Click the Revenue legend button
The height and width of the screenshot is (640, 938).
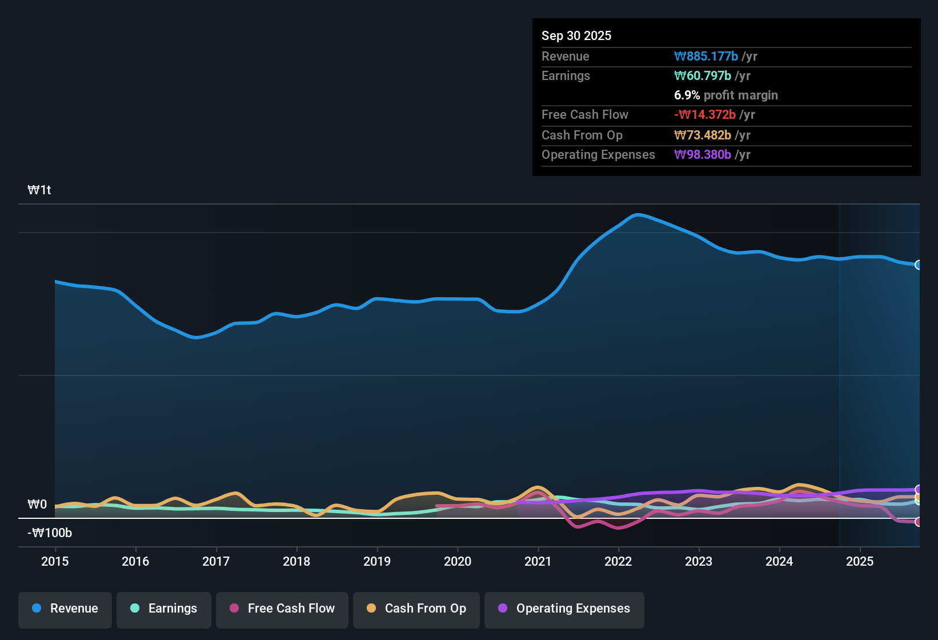[65, 609]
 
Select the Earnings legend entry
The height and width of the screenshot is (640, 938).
[164, 609]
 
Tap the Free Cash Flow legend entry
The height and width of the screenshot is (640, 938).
[282, 609]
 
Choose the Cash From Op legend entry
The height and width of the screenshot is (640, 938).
[416, 609]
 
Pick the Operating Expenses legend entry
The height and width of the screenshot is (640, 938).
[564, 609]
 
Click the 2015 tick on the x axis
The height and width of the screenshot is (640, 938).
[55, 561]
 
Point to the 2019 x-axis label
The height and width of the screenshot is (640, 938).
[377, 561]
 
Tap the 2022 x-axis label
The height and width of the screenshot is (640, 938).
[618, 561]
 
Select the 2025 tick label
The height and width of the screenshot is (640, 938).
[860, 561]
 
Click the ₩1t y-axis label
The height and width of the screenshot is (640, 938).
[39, 190]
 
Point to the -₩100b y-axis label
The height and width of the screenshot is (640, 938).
[50, 533]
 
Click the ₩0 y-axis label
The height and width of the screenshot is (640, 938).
[37, 505]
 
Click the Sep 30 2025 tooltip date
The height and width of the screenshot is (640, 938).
[576, 35]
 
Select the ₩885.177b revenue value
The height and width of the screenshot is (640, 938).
[706, 56]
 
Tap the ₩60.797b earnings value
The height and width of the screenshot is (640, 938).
[703, 75]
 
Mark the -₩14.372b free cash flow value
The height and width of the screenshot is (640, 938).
[705, 114]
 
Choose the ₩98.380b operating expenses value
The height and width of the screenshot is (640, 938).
[703, 154]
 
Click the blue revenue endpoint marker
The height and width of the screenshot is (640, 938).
[918, 265]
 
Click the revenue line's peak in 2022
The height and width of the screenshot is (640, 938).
[638, 215]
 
